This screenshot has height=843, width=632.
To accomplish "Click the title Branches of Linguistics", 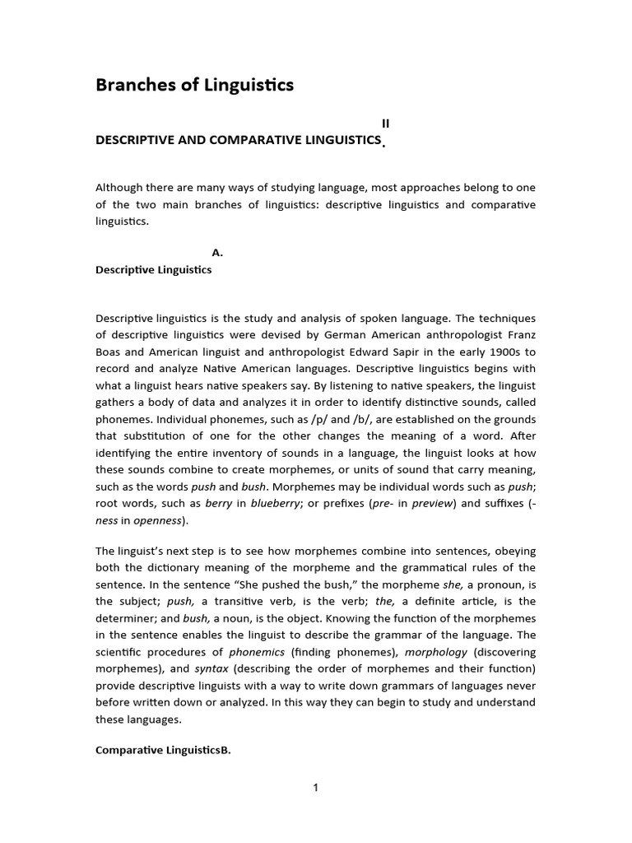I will coord(194,85).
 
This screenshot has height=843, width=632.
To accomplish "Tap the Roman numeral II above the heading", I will coord(384,123).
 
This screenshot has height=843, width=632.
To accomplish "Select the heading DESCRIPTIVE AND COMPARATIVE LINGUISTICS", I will coord(238,140).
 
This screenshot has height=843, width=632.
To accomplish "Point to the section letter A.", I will coord(217,254).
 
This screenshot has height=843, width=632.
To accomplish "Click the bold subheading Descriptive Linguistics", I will coord(154,270).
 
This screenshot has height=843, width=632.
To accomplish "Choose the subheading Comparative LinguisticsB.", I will coord(163,750).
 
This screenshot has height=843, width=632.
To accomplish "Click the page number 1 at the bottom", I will coord(315,788).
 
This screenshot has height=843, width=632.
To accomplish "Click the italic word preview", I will coord(434,503).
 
